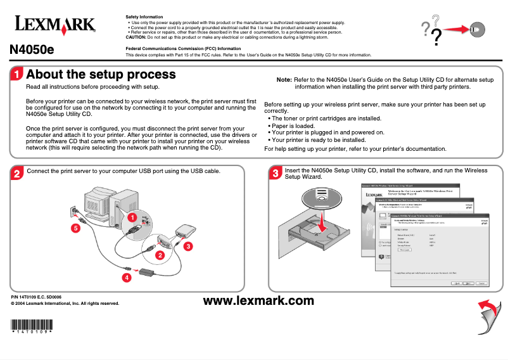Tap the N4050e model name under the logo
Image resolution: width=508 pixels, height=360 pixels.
tap(32, 50)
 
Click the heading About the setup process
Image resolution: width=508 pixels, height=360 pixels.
tap(101, 75)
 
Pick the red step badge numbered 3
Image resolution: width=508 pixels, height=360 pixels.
tap(275, 173)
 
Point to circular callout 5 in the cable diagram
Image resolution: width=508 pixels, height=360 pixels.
tap(75, 228)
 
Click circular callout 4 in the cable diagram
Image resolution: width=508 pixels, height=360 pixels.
tap(127, 278)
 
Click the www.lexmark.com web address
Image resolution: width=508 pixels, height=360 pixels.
tap(258, 300)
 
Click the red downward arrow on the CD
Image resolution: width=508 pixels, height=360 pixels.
tap(323, 222)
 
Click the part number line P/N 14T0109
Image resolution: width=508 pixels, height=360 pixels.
tap(36, 297)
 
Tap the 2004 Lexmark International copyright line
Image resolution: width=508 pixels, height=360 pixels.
tap(65, 304)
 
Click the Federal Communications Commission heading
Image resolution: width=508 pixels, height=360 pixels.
tap(183, 48)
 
